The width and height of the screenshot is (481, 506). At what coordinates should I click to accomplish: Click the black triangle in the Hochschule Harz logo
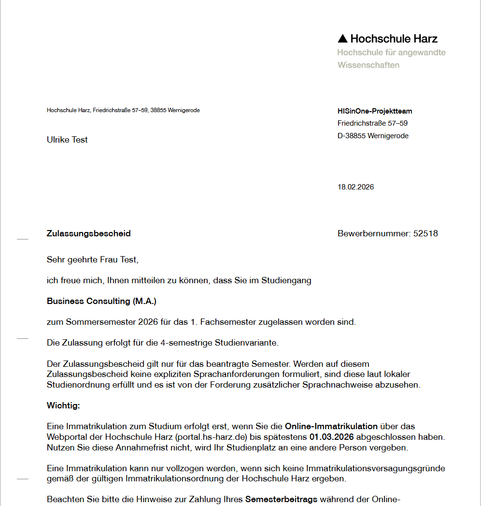[x=342, y=39]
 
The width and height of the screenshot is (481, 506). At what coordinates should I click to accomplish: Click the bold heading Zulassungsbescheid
[x=88, y=233]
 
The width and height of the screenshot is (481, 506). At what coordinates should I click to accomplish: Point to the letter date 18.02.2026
[x=355, y=187]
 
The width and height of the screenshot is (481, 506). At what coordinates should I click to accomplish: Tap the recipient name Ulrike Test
[x=67, y=140]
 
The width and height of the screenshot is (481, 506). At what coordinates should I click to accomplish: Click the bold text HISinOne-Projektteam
[x=375, y=111]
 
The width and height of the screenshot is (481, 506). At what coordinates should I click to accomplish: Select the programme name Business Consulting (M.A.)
[x=101, y=301]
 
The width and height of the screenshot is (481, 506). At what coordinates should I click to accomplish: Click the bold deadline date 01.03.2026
[x=332, y=437]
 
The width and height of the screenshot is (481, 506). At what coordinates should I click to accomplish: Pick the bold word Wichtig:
[x=63, y=405]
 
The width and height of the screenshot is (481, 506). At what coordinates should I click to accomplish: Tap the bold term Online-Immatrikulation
[x=331, y=426]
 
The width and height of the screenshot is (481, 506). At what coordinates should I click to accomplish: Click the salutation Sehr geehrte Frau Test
[x=92, y=260]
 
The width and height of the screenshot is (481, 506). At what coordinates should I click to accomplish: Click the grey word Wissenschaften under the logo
[x=368, y=65]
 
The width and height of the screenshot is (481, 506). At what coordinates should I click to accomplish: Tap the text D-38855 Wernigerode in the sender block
[x=373, y=136]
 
